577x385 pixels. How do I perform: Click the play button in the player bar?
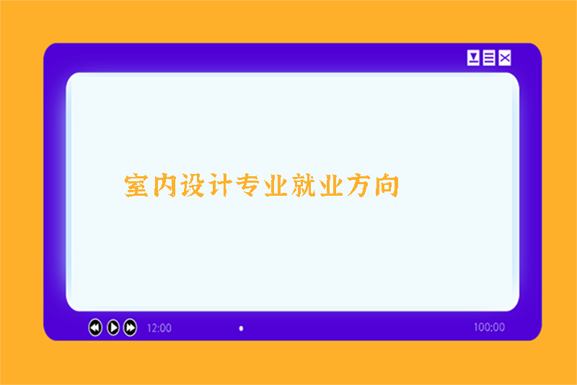coord(113,327)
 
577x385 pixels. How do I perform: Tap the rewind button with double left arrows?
coord(95,327)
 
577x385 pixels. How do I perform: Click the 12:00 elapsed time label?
coord(159,328)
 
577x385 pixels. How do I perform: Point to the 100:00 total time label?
coord(489,327)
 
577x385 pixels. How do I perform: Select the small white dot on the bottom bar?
coord(241,329)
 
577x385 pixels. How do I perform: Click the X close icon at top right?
coord(505,59)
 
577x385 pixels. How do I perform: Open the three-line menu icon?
coord(489,59)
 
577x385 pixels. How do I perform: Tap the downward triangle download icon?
coord(473,59)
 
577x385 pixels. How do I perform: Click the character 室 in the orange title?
coord(138,186)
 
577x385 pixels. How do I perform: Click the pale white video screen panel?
coord(292,253)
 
